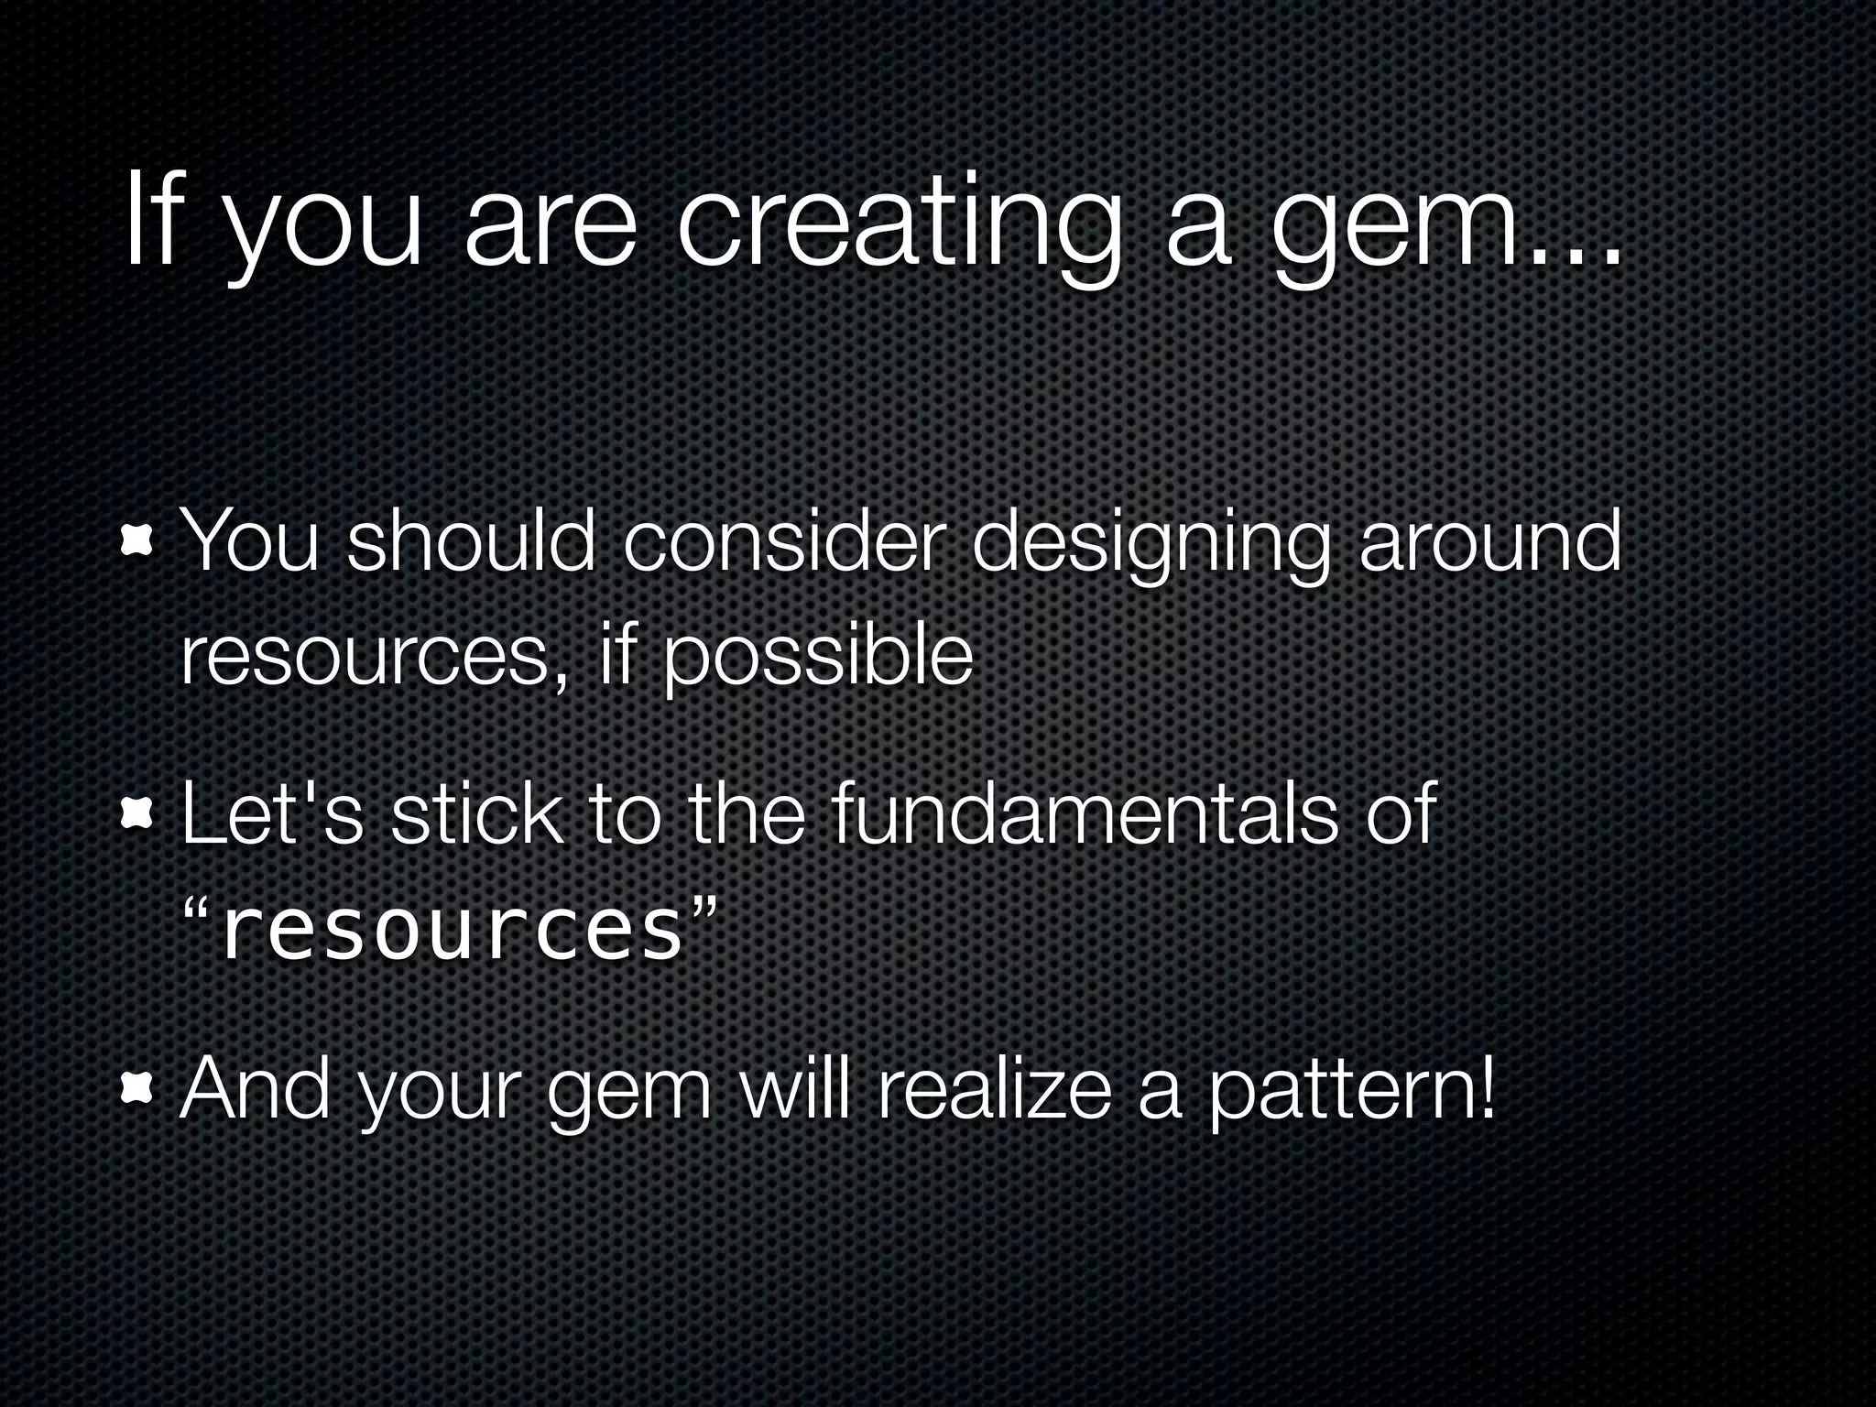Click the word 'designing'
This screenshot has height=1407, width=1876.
[x=1149, y=547]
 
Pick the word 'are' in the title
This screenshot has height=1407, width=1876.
[x=550, y=234]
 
